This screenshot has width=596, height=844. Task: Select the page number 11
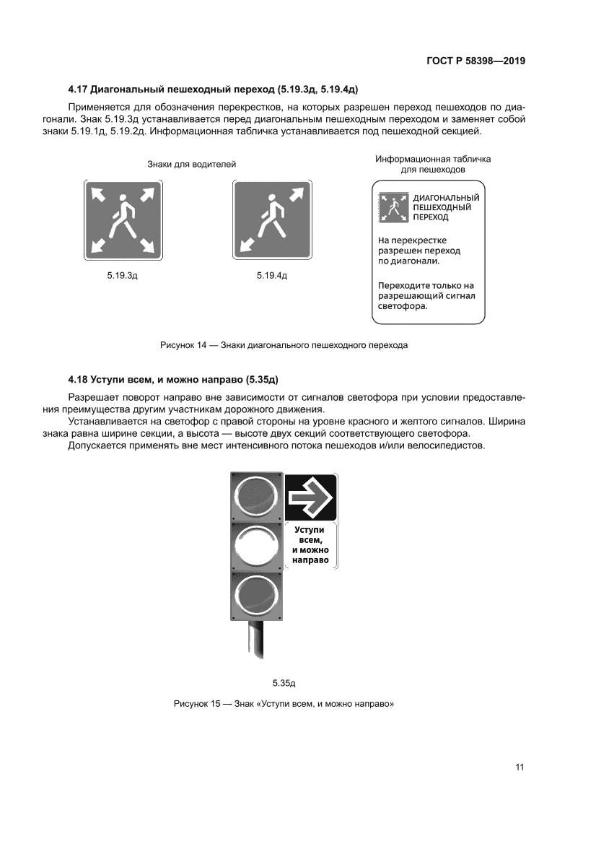(x=519, y=767)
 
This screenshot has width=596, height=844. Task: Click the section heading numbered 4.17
(x=214, y=90)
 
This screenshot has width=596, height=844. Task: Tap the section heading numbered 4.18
(x=178, y=379)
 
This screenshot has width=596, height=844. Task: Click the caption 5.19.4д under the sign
(x=272, y=276)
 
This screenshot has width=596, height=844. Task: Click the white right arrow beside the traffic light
(x=310, y=497)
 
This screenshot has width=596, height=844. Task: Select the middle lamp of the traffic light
(x=256, y=546)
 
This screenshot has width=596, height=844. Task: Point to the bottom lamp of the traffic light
(x=256, y=596)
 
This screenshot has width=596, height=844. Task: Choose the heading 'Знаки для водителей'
(x=191, y=165)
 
